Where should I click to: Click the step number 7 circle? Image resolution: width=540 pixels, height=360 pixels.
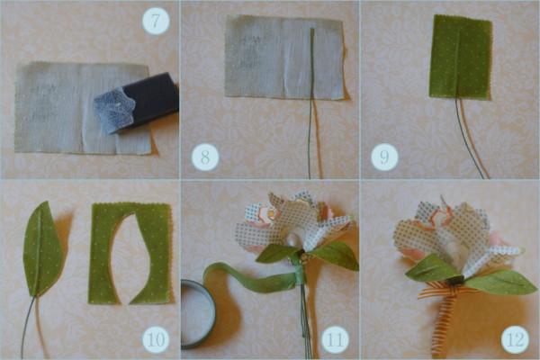click(x=156, y=21)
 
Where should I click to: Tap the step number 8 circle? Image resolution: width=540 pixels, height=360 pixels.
click(x=205, y=157)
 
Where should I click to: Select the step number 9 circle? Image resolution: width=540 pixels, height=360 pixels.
click(x=384, y=157)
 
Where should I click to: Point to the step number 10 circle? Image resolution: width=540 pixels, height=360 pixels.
click(x=156, y=339)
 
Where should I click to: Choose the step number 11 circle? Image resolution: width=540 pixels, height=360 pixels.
click(x=335, y=339)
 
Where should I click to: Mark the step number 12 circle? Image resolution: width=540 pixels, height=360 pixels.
click(x=515, y=339)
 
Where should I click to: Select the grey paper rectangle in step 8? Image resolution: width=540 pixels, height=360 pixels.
click(x=284, y=58)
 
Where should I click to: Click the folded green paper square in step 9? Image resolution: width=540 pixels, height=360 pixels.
click(x=461, y=57)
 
